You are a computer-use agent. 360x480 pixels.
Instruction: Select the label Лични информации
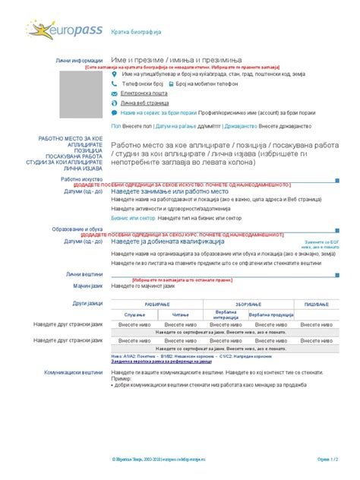79,60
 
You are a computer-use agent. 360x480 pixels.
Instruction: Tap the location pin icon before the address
115,75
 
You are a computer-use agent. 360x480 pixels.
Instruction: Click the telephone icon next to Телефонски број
115,84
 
